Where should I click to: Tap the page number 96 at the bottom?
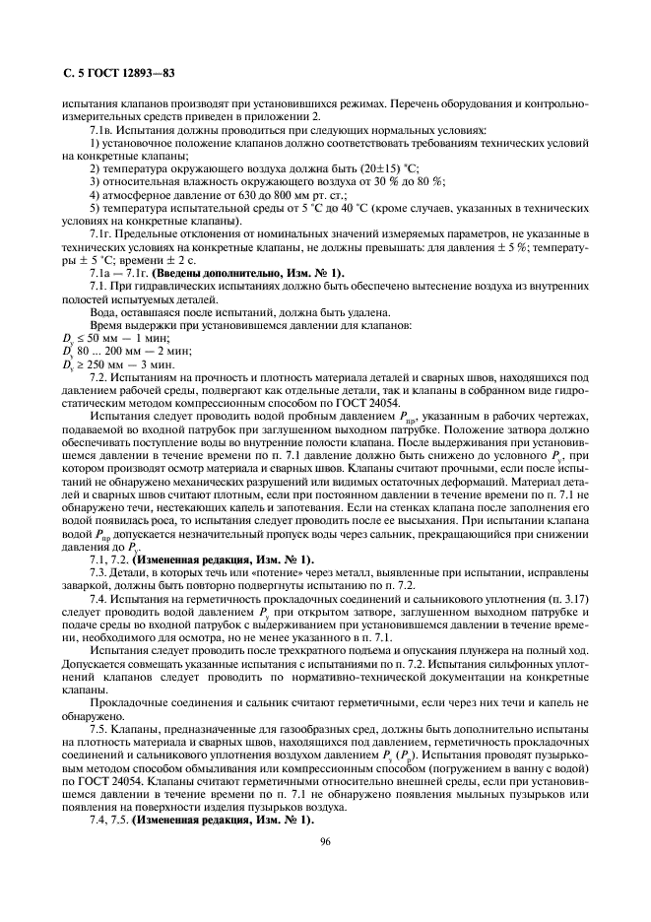coord(325,840)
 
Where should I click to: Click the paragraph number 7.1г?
coord(104,232)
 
